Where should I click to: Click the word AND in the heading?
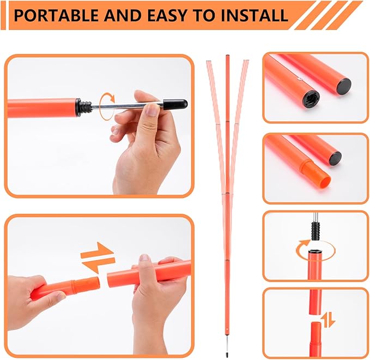(116, 16)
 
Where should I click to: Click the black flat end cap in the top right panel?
(343, 86)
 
